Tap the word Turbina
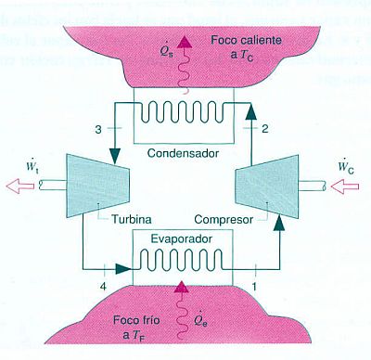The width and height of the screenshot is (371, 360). pos(124,220)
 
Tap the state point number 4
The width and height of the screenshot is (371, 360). pos(102,280)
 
